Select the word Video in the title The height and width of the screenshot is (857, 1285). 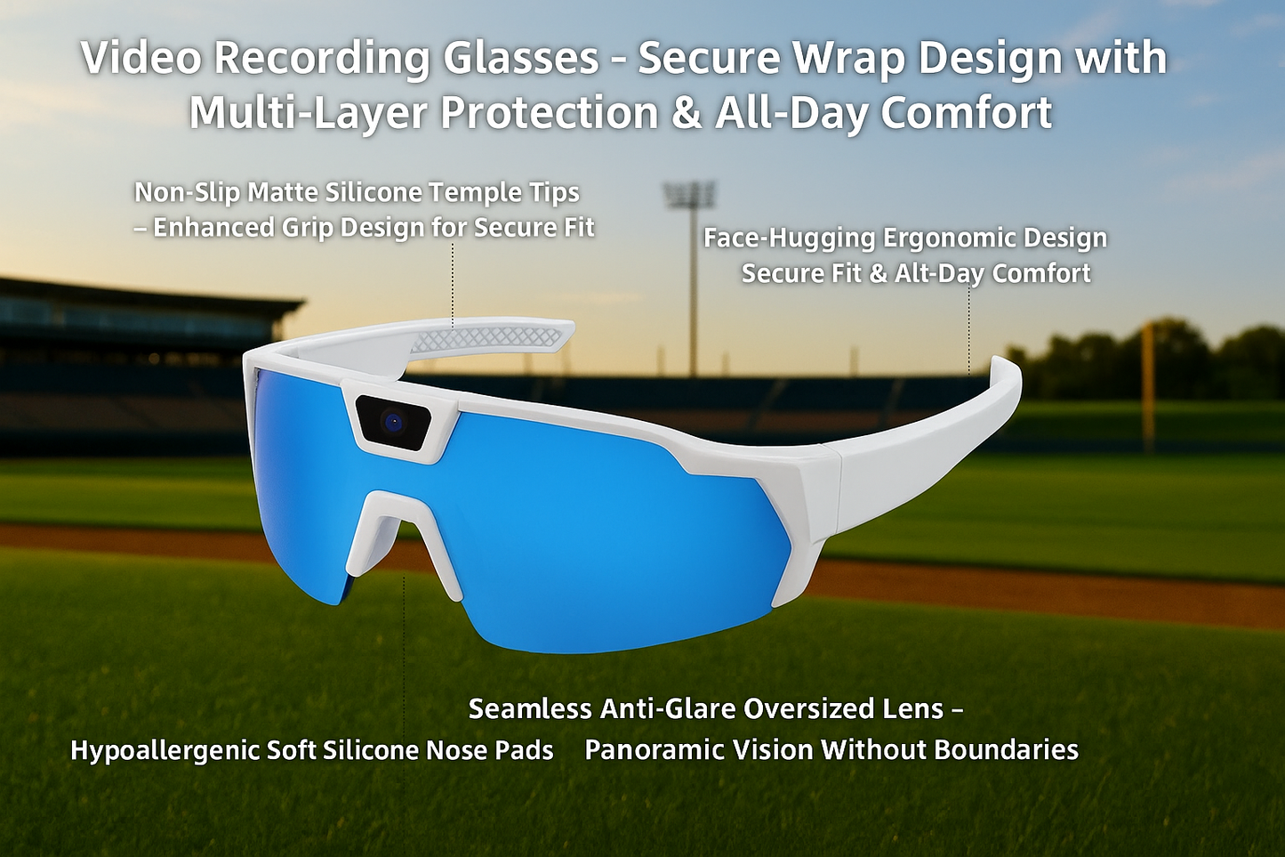click(x=140, y=59)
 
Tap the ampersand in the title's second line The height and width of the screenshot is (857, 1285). click(x=686, y=114)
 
